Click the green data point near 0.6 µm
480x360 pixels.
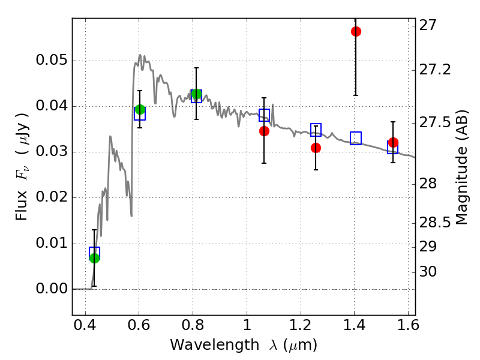(x=140, y=109)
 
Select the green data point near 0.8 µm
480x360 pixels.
(x=196, y=94)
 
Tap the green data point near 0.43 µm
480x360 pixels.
(x=94, y=258)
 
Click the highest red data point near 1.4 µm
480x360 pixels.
(x=356, y=31)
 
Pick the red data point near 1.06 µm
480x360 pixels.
(x=264, y=131)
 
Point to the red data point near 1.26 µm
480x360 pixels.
(x=316, y=148)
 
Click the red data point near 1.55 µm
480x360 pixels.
(x=393, y=142)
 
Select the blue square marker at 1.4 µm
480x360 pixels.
(x=356, y=138)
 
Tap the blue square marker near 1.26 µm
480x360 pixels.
(x=316, y=129)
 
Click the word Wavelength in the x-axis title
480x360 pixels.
(x=204, y=345)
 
